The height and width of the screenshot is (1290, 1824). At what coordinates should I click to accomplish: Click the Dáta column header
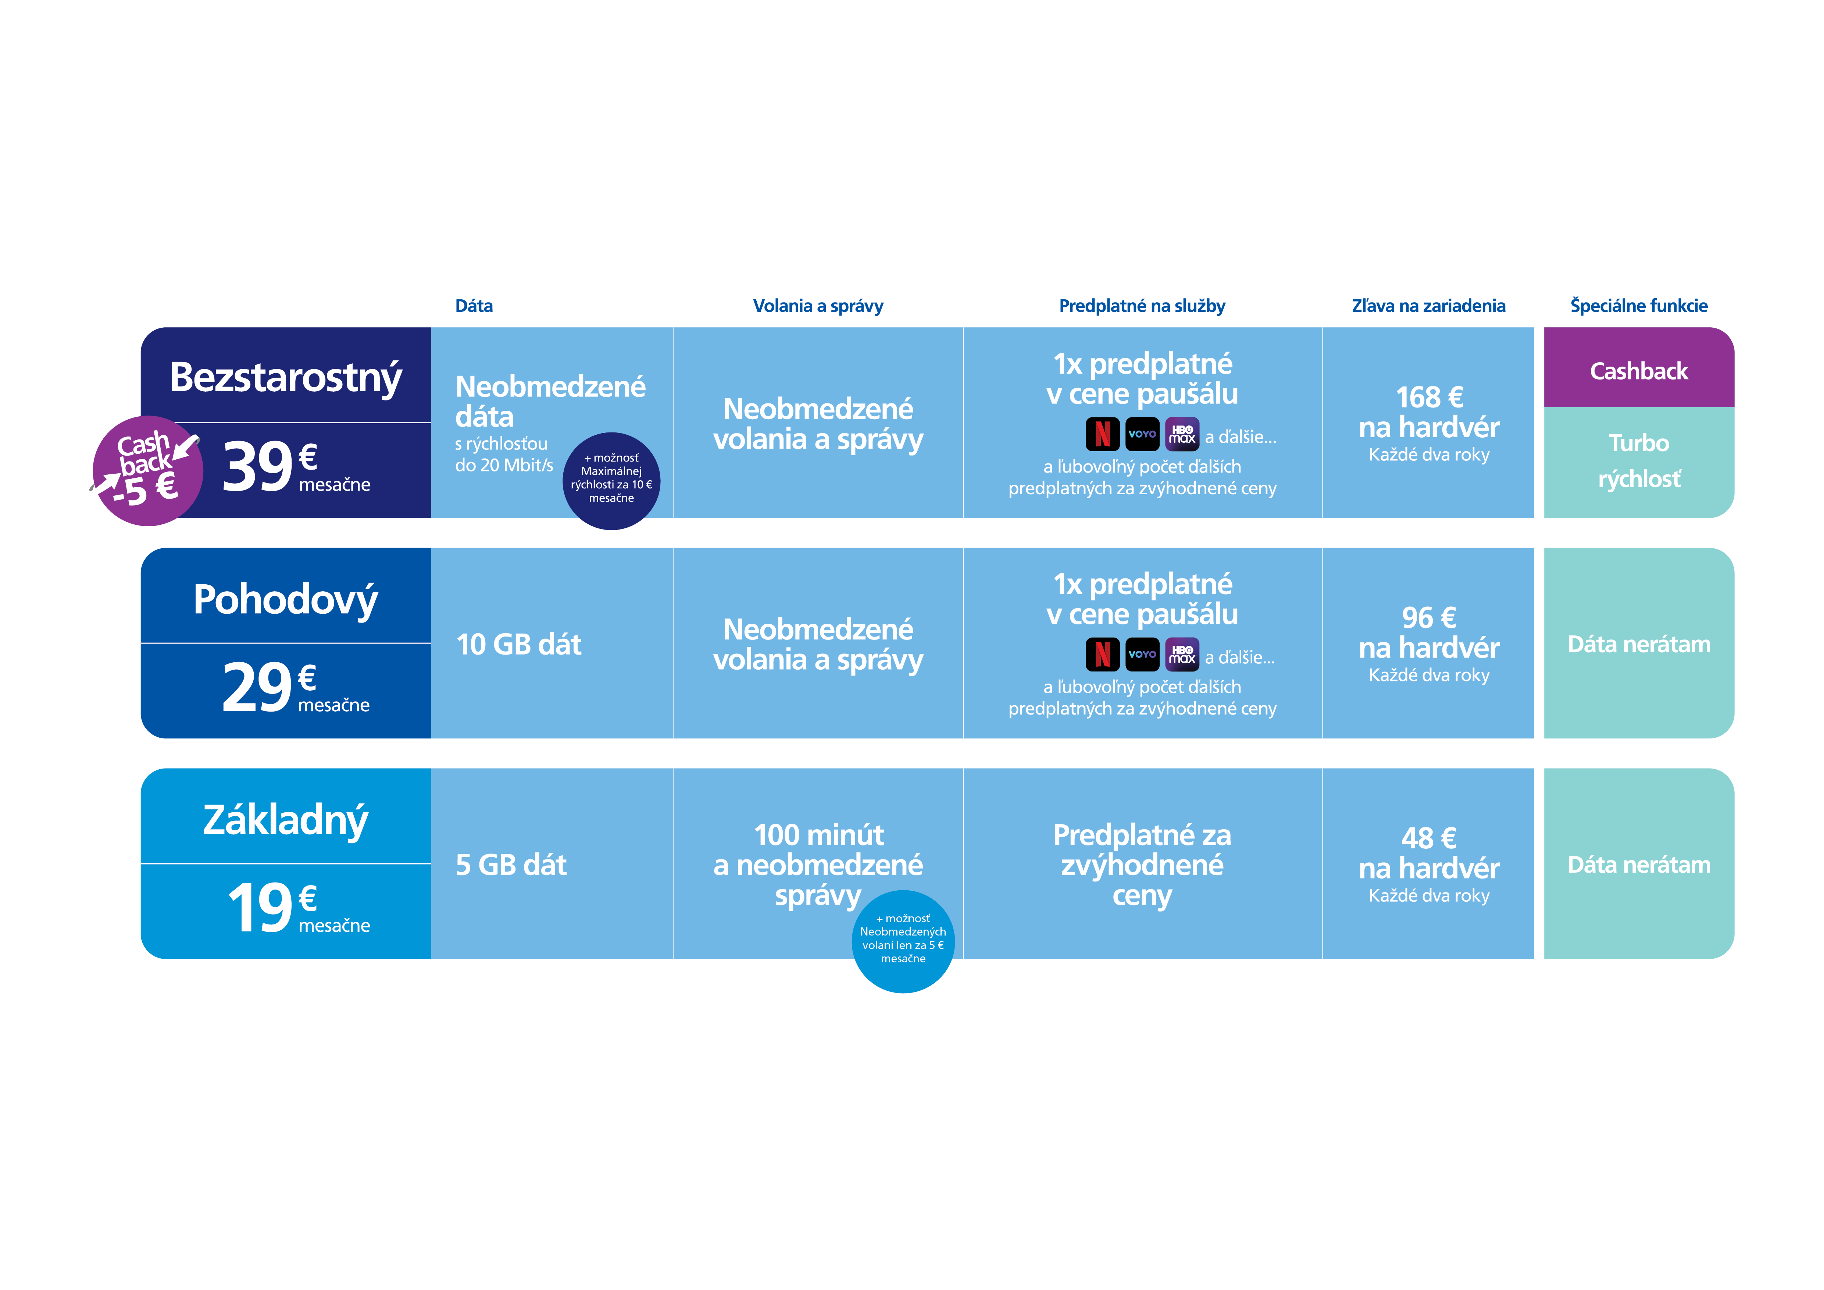pos(474,306)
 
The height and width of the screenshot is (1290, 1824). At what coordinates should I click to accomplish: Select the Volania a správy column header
pos(817,306)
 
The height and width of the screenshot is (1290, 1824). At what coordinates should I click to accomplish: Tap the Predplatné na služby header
pos(1142,306)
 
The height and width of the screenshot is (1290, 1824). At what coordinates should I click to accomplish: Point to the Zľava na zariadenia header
pos(1428,306)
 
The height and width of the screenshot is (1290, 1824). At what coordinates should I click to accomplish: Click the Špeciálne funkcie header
pos(1638,306)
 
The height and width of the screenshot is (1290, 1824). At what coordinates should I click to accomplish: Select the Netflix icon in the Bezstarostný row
pos(1102,434)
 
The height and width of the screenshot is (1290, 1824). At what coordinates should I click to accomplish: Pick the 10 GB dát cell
pos(519,644)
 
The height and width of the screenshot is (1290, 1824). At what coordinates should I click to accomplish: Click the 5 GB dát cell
pos(511,864)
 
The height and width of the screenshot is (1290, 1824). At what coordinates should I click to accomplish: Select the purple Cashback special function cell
pos(1638,370)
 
